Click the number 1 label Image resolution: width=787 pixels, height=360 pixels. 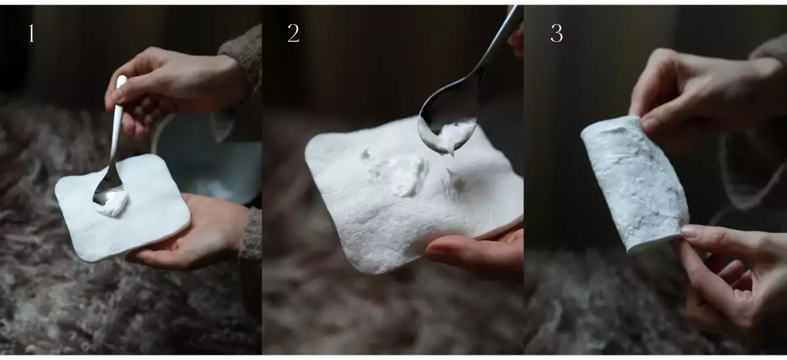31,33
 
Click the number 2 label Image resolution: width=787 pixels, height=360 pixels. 293,33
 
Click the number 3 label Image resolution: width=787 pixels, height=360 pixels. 557,33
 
